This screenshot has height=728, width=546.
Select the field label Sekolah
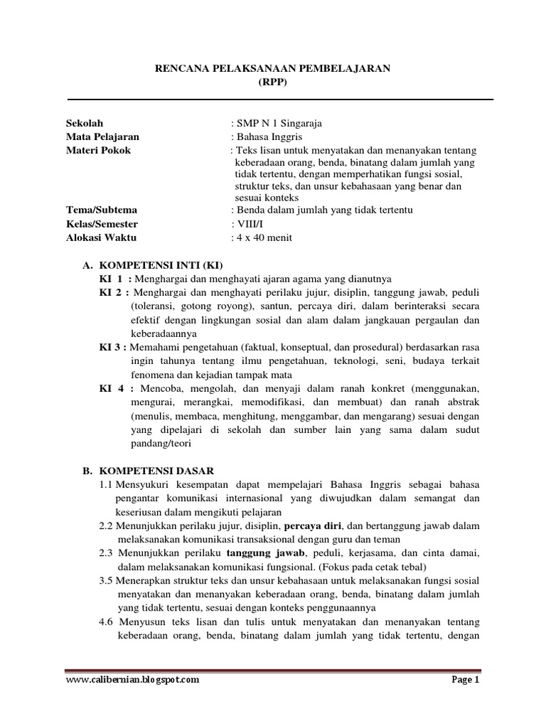click(84, 124)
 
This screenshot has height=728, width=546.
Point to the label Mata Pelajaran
click(102, 136)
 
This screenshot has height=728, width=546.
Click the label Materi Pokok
click(98, 150)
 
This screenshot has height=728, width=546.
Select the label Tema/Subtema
click(101, 210)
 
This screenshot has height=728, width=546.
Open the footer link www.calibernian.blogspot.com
click(132, 679)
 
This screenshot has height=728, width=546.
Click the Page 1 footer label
click(466, 679)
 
